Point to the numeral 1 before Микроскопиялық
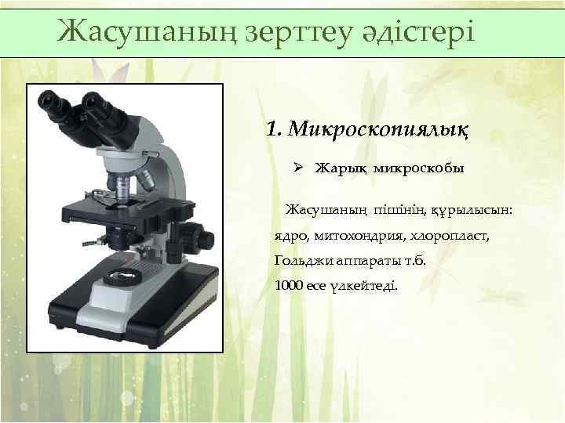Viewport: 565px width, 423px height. (x=273, y=128)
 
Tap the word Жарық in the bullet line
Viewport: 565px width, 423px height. (x=340, y=168)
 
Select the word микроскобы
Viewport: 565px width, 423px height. (x=418, y=168)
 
